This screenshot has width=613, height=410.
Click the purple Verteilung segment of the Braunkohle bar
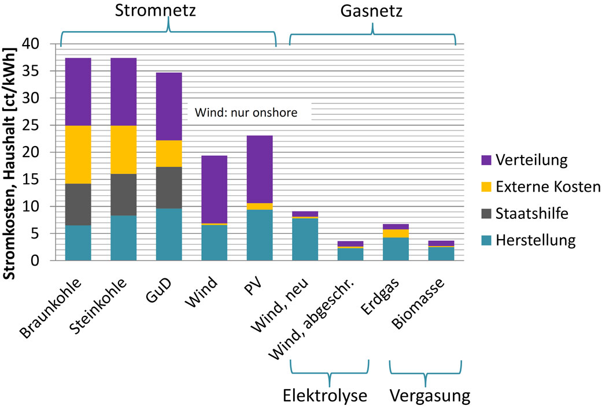pos(78,92)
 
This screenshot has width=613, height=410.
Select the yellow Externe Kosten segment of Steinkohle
pos(124,150)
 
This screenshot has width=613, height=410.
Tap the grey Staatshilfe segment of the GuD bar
pos(169,188)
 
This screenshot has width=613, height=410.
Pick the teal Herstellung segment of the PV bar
pos(260,235)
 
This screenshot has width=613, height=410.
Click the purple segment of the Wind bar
pos(214,189)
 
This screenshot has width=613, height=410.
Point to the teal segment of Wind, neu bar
pos(305,240)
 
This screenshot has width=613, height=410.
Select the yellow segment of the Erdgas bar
pos(396,233)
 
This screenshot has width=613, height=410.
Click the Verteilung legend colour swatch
pos(486,160)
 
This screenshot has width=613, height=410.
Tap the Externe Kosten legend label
pos(548,187)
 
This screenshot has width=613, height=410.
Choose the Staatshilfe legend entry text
pos(531,213)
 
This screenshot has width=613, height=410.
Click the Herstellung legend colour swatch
pos(486,240)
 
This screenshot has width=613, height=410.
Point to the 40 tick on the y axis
pos(31,44)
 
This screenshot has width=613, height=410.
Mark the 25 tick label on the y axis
pos(31,125)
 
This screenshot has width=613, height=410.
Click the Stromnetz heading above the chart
pos(155,10)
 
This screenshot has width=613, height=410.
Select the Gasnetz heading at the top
pos(371,10)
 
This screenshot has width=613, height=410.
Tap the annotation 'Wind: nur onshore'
pos(246,113)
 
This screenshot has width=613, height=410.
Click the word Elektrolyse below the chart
pos(325,396)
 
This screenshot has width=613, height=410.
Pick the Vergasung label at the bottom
pos(430,396)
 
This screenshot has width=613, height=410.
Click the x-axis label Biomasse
pos(418,304)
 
